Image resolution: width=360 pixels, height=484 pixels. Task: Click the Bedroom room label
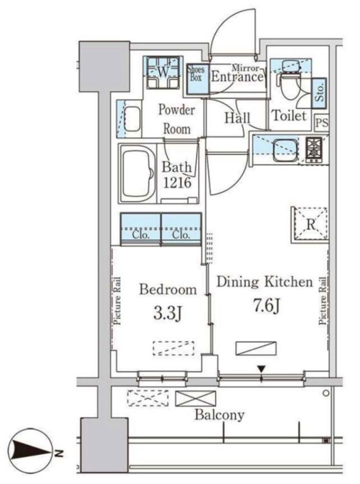[x=168, y=290]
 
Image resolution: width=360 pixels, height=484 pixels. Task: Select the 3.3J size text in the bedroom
[x=167, y=313]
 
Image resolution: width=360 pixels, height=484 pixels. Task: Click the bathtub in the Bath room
[x=137, y=173]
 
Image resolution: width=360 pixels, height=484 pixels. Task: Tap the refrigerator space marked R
[x=309, y=225]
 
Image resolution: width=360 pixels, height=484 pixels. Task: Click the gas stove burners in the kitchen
[x=314, y=150]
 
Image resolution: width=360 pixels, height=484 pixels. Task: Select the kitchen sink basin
[x=285, y=149]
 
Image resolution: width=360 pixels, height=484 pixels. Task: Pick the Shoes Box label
[x=196, y=73]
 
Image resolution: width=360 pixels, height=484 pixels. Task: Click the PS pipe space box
[x=321, y=123]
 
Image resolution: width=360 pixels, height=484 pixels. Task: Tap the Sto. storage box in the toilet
[x=319, y=93]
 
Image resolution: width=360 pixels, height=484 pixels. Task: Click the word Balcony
[x=219, y=415]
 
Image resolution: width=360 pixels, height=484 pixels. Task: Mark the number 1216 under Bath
[x=177, y=183]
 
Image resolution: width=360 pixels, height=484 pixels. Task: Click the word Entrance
[x=237, y=77]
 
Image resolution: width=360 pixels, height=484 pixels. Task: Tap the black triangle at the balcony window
[x=262, y=369]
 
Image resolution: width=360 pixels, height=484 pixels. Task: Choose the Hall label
[x=237, y=118]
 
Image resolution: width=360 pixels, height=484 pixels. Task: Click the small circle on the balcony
[x=326, y=393]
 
